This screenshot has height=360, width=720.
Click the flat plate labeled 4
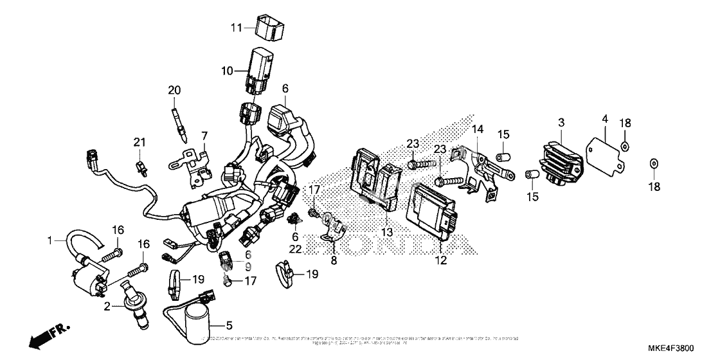tap(606, 151)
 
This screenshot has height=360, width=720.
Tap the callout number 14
tap(477, 129)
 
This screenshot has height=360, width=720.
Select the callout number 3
tap(561, 122)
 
